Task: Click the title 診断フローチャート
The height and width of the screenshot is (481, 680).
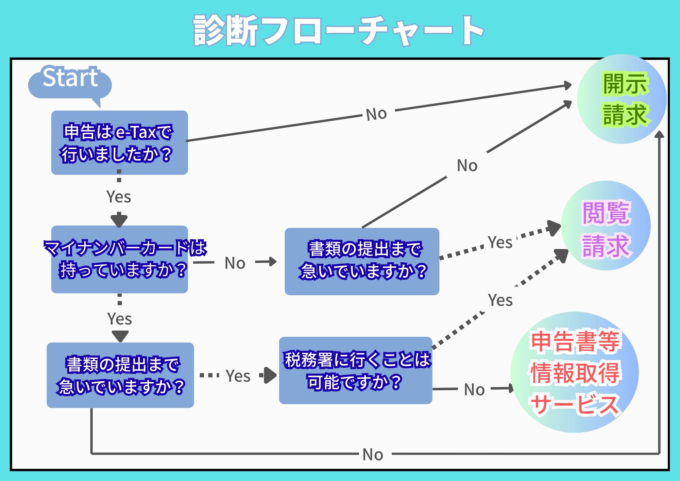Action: (x=338, y=31)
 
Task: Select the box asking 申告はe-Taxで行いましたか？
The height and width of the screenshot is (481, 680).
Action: (x=119, y=143)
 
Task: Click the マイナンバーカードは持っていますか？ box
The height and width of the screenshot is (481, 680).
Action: (x=119, y=259)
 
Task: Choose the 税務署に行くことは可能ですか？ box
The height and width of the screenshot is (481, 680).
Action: (x=356, y=370)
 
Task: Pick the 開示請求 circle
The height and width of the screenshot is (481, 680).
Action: (x=622, y=99)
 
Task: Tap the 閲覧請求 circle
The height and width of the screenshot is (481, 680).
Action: (x=606, y=226)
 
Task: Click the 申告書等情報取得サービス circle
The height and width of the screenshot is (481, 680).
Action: (x=575, y=372)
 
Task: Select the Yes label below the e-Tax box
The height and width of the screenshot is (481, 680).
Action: (x=119, y=197)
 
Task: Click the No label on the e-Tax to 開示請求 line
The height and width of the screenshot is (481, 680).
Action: (x=376, y=114)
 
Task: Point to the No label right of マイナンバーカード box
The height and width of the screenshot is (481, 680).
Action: (x=235, y=263)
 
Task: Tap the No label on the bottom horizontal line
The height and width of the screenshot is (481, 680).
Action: (x=373, y=454)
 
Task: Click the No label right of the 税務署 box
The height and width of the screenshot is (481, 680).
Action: (x=474, y=389)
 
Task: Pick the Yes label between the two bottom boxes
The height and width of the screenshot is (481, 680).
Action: (x=238, y=376)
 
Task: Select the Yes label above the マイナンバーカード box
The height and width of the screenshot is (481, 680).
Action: (x=119, y=197)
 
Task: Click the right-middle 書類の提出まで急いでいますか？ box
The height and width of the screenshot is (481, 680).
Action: (x=362, y=261)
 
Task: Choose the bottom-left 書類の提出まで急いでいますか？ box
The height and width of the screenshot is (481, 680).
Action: (x=120, y=375)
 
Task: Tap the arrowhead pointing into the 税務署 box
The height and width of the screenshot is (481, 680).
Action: (x=270, y=375)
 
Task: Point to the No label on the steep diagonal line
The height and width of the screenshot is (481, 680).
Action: (x=467, y=166)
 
